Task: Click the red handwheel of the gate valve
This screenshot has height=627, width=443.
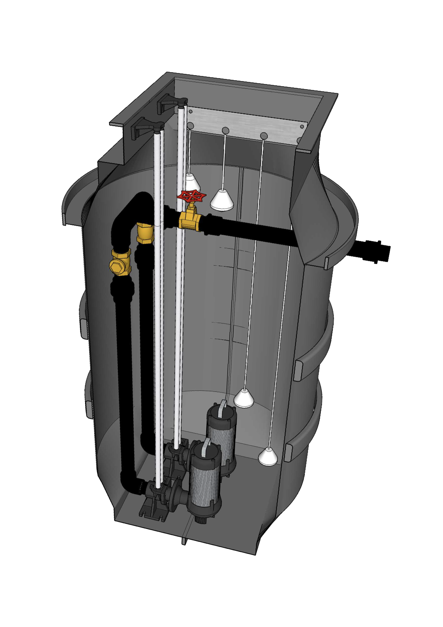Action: (x=192, y=196)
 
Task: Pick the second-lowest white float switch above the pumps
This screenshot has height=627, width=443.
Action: (x=244, y=399)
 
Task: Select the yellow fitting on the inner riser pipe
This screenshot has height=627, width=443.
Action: (x=145, y=233)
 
